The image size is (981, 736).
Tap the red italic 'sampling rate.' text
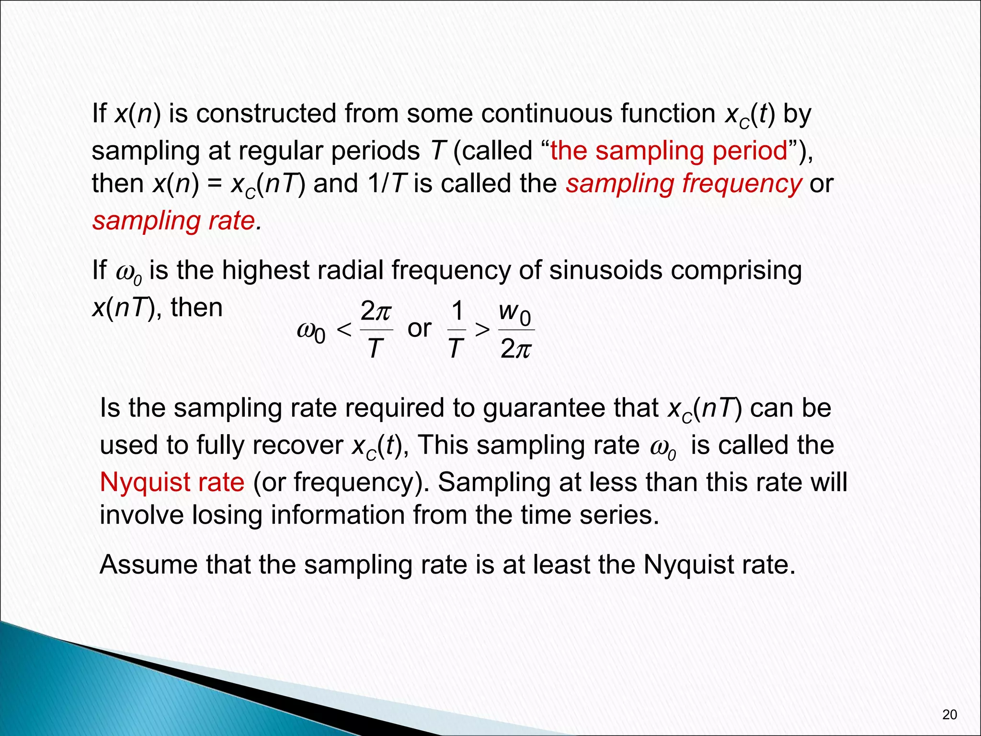click(x=177, y=221)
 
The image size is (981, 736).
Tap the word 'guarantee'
click(x=570, y=408)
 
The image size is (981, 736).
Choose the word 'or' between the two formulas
click(x=419, y=329)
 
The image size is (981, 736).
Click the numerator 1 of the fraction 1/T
click(x=457, y=312)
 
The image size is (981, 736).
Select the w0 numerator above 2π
click(x=515, y=313)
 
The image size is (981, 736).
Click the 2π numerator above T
click(x=376, y=312)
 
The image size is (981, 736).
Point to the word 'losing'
click(x=228, y=515)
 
